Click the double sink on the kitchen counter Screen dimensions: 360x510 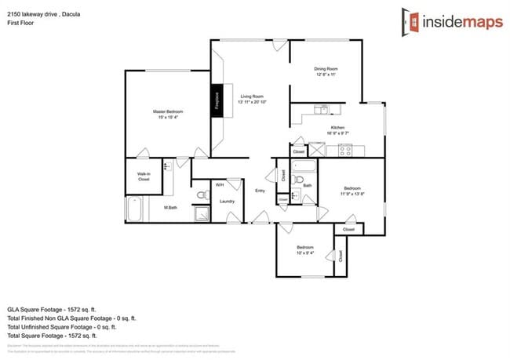(321, 110)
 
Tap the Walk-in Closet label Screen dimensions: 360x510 (144, 176)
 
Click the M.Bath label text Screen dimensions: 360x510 (169, 207)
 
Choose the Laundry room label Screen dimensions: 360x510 (228, 201)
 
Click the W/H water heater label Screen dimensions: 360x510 (220, 184)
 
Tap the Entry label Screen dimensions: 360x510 (260, 191)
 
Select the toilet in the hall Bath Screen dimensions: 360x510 (297, 179)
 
